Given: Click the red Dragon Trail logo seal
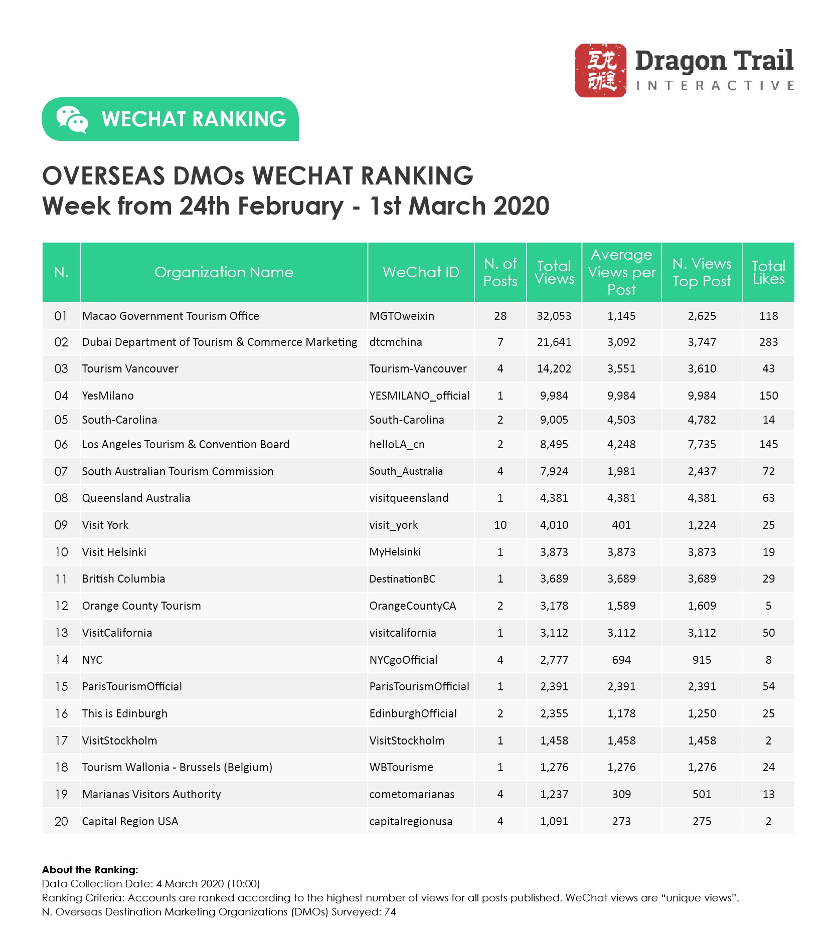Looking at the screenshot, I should click(600, 70).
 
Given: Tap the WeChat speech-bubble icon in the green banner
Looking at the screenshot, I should click(72, 119).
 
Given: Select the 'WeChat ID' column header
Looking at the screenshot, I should click(421, 272).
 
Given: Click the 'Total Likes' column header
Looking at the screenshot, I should click(768, 272).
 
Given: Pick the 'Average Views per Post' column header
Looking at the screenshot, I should click(621, 272).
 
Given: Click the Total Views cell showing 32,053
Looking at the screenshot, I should click(554, 316).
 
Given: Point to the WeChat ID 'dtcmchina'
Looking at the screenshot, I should click(396, 342).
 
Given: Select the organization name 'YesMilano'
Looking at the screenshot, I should click(108, 396).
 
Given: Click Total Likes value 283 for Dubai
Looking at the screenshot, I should click(768, 342).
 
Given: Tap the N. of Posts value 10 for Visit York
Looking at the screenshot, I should click(500, 525).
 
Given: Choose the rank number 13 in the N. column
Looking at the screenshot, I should click(61, 633).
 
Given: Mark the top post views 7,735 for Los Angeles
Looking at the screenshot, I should click(702, 444).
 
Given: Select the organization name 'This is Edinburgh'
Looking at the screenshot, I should click(125, 713).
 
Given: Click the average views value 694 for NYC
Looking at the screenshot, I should click(621, 660).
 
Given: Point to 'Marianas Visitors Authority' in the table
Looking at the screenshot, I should click(151, 794).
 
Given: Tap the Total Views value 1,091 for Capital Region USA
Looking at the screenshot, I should click(554, 821).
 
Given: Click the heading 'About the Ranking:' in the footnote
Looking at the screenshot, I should click(90, 870).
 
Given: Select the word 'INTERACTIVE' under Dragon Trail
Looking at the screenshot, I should click(715, 86).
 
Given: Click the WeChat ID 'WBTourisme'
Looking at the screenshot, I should click(401, 767).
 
